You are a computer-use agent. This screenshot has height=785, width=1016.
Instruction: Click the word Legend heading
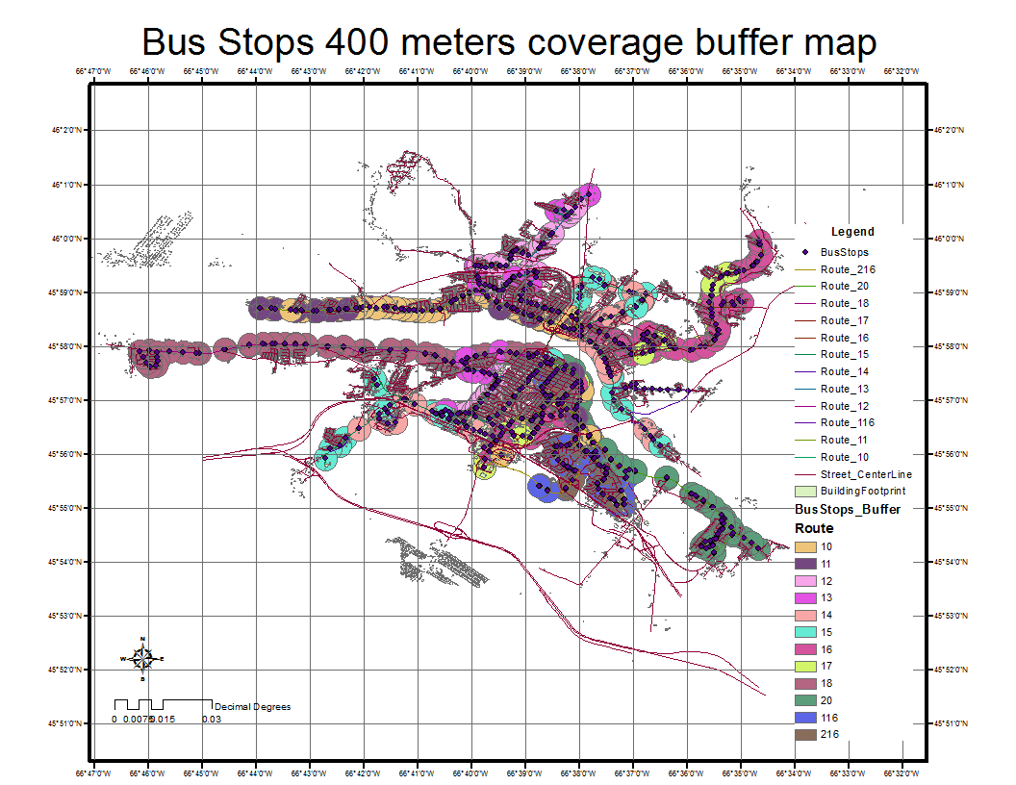click(x=852, y=232)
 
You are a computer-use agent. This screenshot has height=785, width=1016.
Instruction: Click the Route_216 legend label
click(x=848, y=269)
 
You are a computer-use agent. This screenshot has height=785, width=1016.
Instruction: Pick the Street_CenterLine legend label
click(x=866, y=474)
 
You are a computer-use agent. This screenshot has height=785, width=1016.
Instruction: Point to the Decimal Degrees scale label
click(x=252, y=707)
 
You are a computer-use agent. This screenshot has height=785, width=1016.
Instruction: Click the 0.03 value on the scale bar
click(x=211, y=720)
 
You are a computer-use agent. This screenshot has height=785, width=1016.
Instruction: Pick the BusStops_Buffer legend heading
click(x=847, y=509)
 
